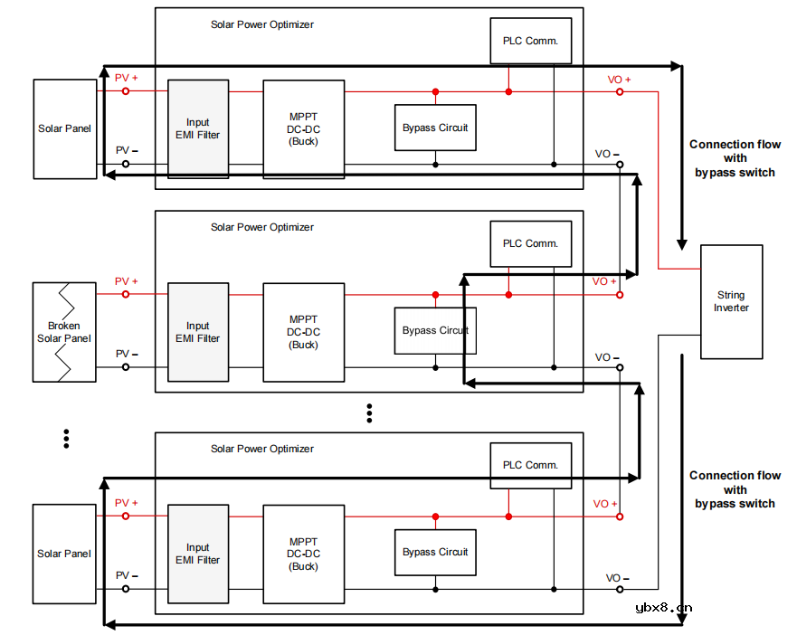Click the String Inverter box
731,301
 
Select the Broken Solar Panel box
64,331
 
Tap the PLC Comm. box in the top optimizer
530,41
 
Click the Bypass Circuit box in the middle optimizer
435,330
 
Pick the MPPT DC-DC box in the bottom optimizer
304,554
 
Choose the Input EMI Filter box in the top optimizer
198,128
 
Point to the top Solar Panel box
65,128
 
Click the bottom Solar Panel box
64,554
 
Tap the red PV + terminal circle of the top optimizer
126,91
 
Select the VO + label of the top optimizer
619,80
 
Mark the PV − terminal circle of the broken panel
126,366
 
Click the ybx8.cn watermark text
663,608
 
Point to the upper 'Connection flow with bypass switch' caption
735,158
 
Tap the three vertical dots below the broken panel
66,439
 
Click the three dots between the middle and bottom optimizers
369,412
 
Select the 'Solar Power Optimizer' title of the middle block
262,227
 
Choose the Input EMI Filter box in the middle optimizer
198,332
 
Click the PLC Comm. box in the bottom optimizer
530,465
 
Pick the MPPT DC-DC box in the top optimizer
304,128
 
